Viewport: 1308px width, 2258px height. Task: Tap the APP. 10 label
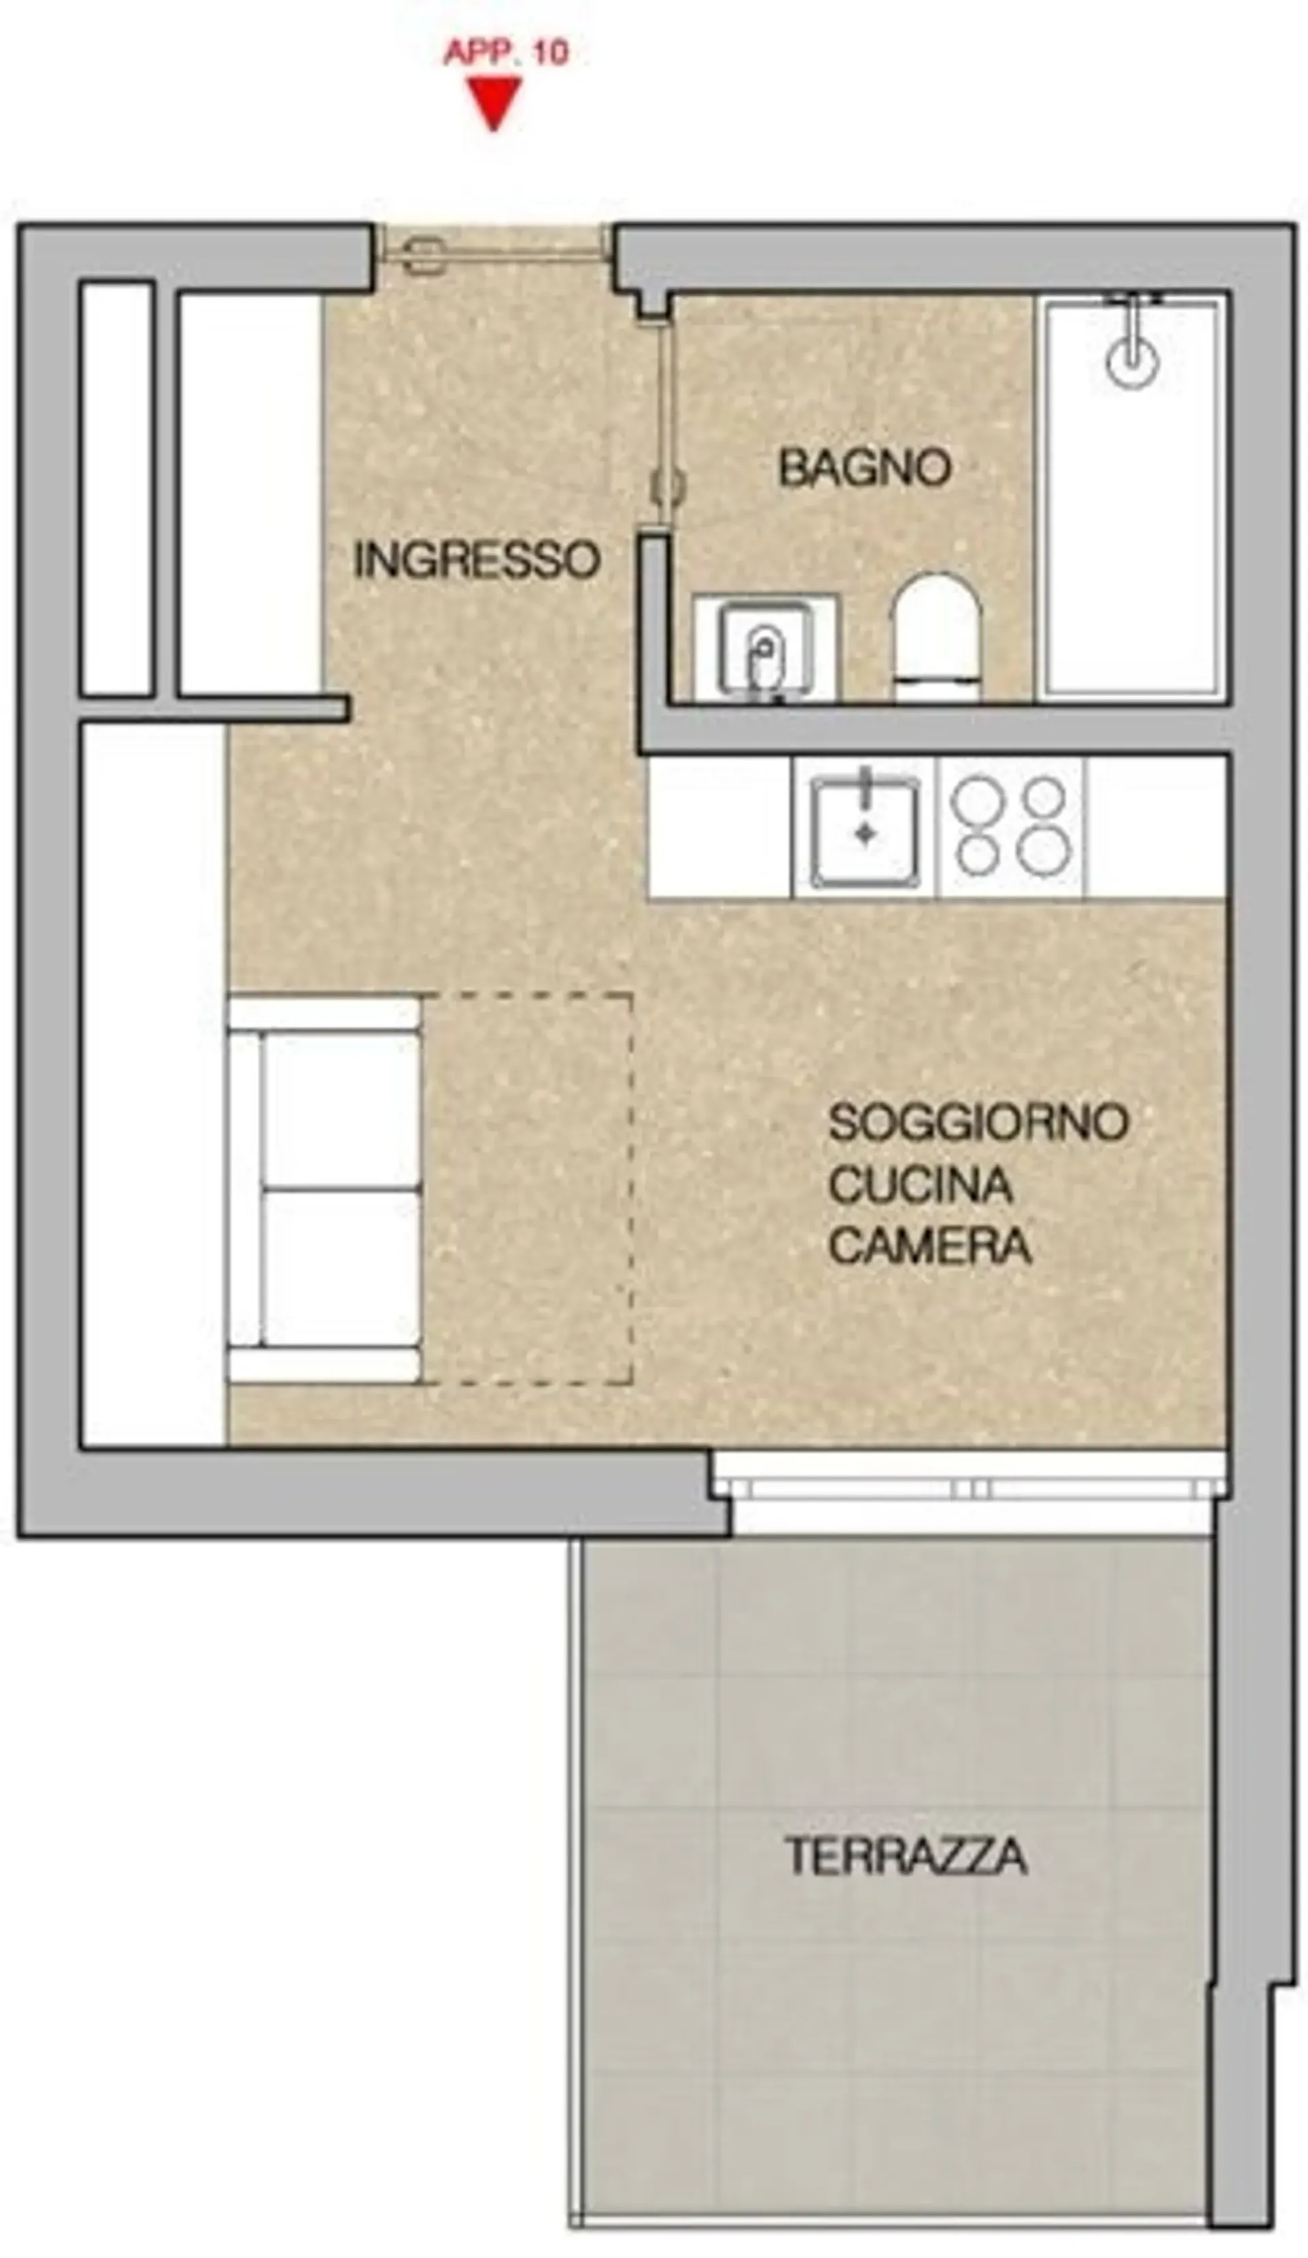click(506, 53)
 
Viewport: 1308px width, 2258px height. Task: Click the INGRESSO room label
click(476, 560)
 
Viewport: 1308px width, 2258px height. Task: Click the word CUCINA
click(920, 1185)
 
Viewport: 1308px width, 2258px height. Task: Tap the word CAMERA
click(929, 1246)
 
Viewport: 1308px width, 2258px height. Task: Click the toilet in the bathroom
click(935, 637)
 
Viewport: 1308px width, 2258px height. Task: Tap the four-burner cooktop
click(1010, 827)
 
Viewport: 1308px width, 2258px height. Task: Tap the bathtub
click(1132, 498)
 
